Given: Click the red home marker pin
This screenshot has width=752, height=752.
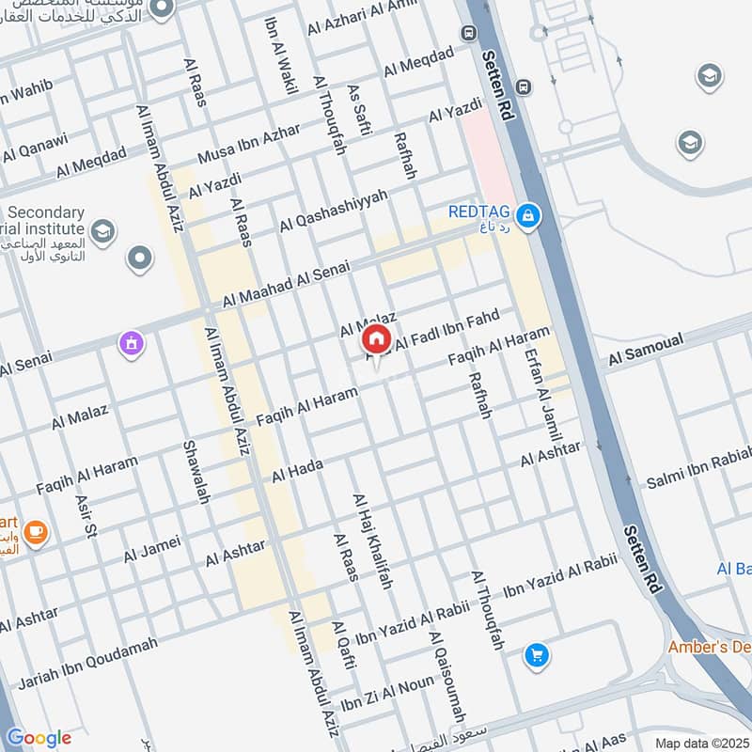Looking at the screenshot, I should [x=376, y=338].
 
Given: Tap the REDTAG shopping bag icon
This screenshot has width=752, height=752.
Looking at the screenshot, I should [x=529, y=217].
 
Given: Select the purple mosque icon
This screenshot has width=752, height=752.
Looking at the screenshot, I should [x=131, y=345].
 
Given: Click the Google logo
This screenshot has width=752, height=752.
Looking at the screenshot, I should [x=39, y=738].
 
